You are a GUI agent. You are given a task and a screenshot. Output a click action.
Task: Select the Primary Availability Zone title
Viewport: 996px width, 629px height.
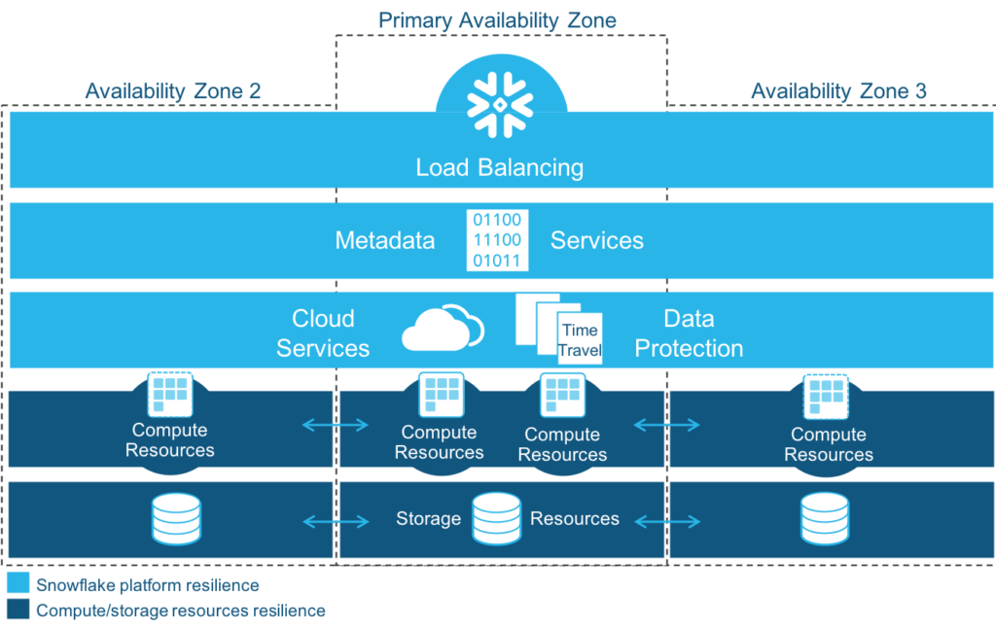(497, 19)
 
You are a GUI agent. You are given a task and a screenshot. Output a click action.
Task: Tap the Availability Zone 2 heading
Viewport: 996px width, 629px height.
(172, 91)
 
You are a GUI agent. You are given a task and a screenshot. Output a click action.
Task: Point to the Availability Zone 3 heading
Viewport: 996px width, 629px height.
(838, 91)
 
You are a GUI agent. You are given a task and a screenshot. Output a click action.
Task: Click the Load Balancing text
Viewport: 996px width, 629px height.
(499, 167)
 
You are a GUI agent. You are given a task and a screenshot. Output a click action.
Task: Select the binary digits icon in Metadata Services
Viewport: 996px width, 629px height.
(496, 240)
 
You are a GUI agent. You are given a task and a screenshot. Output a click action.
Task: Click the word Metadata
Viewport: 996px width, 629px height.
(384, 240)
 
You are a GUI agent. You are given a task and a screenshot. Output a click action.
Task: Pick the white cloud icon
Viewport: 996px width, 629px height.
(443, 329)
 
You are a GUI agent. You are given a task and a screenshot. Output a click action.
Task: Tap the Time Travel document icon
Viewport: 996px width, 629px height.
(559, 331)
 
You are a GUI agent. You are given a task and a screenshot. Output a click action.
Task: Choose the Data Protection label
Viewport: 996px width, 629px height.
(689, 333)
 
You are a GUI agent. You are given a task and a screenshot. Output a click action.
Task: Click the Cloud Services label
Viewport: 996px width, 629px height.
(323, 333)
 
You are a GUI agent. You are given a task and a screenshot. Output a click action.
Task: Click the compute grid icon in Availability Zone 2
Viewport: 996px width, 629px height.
(170, 393)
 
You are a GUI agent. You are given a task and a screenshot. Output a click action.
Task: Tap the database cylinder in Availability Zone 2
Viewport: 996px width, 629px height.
(176, 518)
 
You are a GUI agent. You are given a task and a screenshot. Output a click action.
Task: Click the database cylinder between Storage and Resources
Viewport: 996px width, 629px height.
(496, 518)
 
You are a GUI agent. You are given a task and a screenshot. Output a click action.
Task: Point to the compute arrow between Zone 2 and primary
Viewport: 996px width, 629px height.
(335, 424)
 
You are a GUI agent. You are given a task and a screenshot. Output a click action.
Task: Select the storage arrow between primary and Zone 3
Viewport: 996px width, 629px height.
(667, 522)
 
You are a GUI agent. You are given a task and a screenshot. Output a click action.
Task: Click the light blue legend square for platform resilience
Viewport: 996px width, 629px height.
(18, 584)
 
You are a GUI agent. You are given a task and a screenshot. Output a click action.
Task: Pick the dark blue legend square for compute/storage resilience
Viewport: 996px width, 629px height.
(18, 611)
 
